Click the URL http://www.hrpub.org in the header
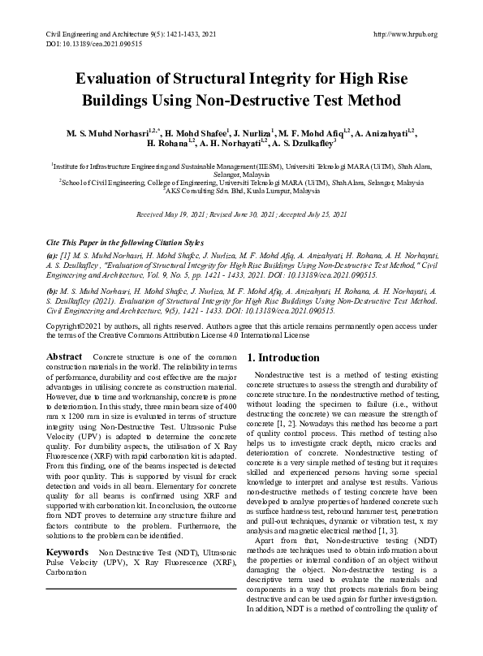(403, 34)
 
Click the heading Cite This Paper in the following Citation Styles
(123, 243)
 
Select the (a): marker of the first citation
(53, 254)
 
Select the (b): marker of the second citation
(53, 288)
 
